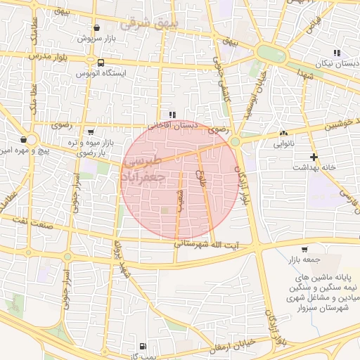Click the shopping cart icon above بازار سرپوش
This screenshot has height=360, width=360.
pos(96,29)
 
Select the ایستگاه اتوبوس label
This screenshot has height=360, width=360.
pos(103,72)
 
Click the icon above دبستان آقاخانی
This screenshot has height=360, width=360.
pos(172,115)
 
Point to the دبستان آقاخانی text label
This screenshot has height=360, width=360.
pos(168,125)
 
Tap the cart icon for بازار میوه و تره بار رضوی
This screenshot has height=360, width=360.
pos(91,131)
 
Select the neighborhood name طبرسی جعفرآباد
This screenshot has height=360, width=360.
pos(143,169)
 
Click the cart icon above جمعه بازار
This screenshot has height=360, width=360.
pos(304,249)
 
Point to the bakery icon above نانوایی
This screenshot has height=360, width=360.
pos(283,134)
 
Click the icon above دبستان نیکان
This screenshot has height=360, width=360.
pos(337,53)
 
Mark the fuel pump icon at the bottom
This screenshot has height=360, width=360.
pos(143,346)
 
